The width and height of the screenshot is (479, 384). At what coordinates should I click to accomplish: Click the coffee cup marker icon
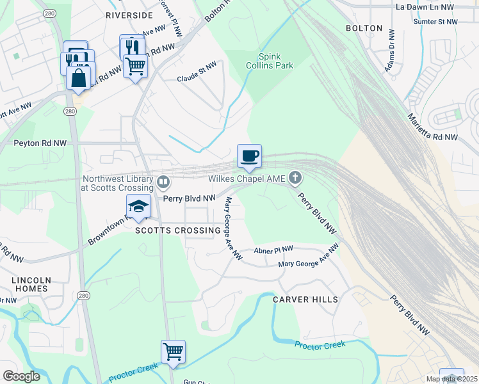[x=249, y=156]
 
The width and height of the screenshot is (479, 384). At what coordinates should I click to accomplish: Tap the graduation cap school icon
[x=138, y=206]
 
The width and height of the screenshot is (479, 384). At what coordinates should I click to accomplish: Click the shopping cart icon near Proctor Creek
[x=173, y=351]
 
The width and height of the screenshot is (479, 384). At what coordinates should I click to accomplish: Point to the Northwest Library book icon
[x=163, y=183]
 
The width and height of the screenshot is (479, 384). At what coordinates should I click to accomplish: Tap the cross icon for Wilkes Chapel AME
[x=295, y=177]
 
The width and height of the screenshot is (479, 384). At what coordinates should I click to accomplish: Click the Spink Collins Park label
[x=275, y=61]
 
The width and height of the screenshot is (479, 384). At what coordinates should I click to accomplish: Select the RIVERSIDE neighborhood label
[x=129, y=15]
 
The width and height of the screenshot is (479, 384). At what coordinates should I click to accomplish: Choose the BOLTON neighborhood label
[x=364, y=29]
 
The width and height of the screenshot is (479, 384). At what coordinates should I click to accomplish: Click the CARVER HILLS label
[x=305, y=300]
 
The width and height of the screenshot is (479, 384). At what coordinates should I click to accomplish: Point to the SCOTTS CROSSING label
[x=169, y=230]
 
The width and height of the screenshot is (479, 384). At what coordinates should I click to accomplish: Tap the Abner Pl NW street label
[x=273, y=249]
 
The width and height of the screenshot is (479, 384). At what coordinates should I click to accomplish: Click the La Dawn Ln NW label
[x=425, y=7]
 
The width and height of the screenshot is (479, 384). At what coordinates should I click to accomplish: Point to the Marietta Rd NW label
[x=433, y=127]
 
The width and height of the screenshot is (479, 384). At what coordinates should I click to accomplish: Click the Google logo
[x=21, y=376]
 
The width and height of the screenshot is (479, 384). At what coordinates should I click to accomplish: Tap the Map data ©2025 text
[x=451, y=379]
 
